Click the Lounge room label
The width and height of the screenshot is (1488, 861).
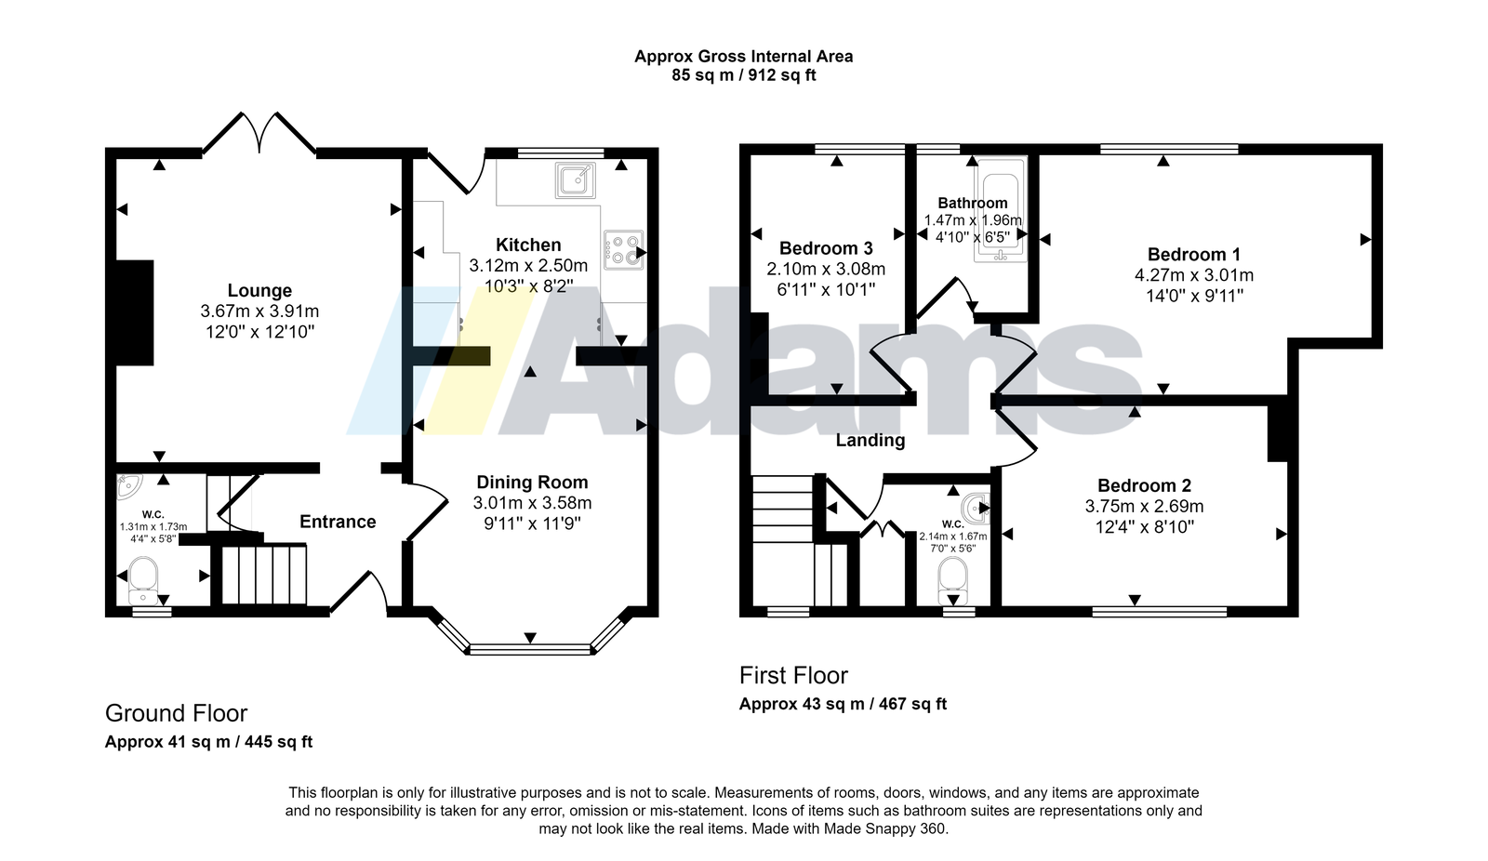tap(259, 290)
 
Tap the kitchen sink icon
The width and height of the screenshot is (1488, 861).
tap(576, 179)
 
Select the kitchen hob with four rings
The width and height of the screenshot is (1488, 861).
tap(623, 250)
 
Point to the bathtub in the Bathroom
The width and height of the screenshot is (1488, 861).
tap(1001, 209)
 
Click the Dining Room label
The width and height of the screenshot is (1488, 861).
tap(532, 482)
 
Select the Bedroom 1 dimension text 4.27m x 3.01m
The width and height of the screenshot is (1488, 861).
tap(1194, 275)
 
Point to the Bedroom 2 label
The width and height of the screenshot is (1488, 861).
tap(1144, 485)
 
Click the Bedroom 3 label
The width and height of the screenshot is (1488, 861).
tap(826, 248)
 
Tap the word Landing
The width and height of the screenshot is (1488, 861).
tap(870, 441)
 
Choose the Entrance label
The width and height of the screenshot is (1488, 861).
tap(338, 522)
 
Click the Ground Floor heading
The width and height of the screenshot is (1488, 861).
tap(176, 713)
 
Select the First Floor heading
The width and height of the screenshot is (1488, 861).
tap(793, 676)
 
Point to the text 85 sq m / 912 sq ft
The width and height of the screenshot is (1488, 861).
tap(743, 75)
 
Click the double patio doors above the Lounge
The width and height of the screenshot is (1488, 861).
tap(259, 134)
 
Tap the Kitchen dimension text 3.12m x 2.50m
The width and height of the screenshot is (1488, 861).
tap(528, 266)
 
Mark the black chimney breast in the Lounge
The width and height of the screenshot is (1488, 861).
tap(135, 312)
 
